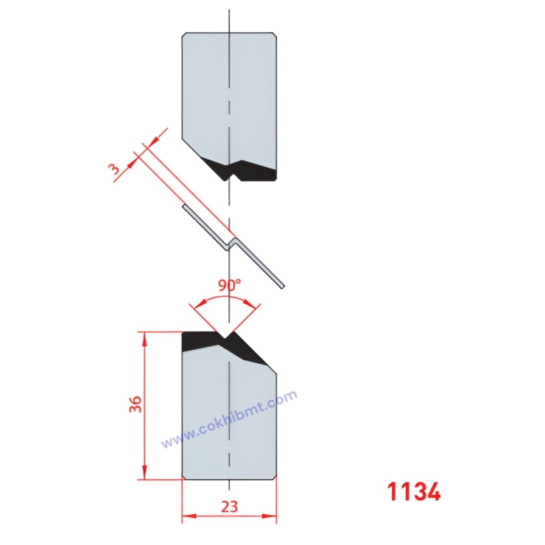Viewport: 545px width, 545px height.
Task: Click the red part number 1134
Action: (414, 491)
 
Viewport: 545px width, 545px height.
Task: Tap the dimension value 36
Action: (136, 404)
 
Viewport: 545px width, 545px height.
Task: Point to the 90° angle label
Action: (229, 286)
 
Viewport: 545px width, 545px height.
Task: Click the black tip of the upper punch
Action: (250, 171)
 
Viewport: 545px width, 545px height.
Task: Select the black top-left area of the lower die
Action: (199, 341)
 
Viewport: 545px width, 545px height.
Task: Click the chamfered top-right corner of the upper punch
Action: (273, 35)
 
